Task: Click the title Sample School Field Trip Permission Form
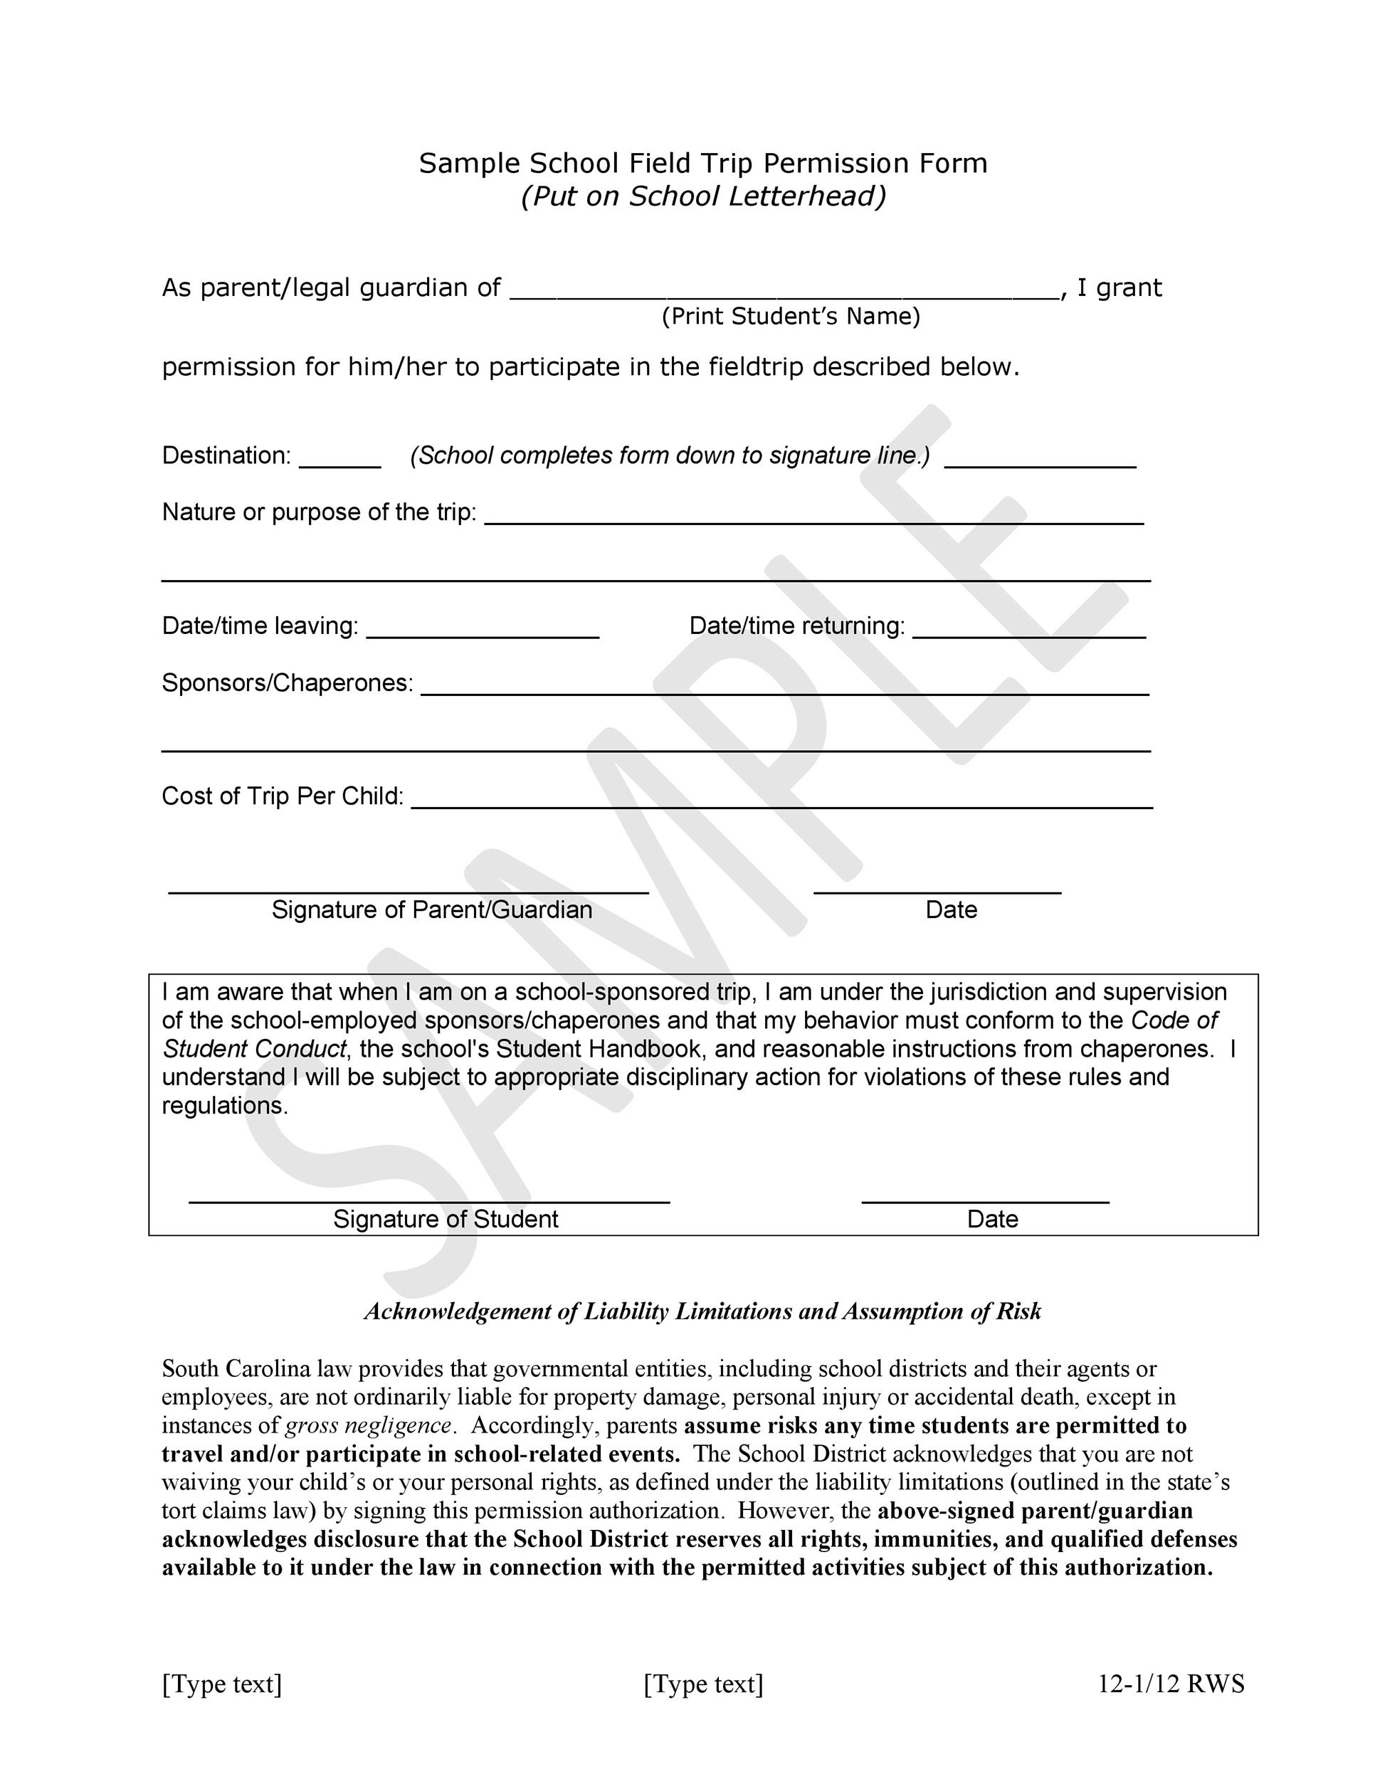point(702,164)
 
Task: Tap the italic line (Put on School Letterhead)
point(702,196)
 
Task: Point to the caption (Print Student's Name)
point(790,316)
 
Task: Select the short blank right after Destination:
point(339,462)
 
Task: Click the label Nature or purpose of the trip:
point(319,512)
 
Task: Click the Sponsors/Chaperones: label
point(287,682)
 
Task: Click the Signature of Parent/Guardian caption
point(432,910)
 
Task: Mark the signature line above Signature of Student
point(428,1200)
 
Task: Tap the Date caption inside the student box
point(992,1220)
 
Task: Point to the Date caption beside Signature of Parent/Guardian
point(951,910)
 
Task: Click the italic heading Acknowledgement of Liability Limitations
point(702,1311)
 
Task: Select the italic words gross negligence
point(368,1425)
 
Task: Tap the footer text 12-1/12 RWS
point(1171,1684)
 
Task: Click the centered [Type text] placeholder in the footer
point(703,1684)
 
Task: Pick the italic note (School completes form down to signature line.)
point(670,455)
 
